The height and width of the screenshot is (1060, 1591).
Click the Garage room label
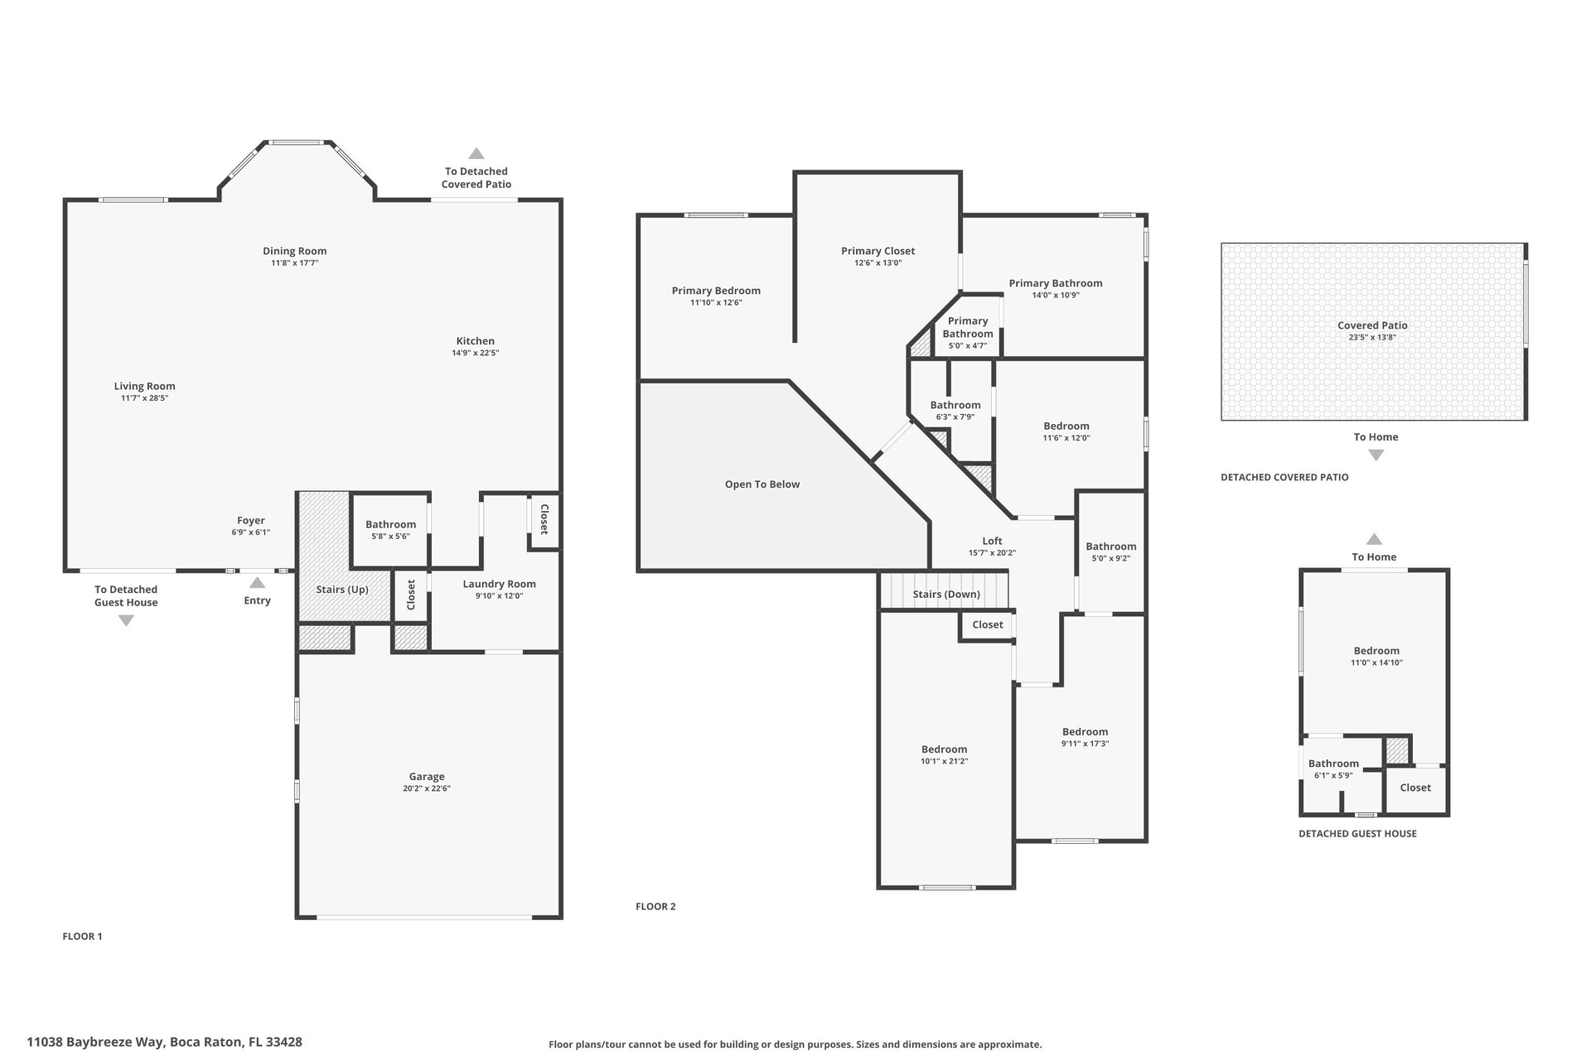[427, 777]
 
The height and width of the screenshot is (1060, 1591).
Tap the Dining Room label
[295, 251]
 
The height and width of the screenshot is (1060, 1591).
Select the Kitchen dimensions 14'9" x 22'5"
[476, 353]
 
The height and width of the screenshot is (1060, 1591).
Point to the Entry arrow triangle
[258, 582]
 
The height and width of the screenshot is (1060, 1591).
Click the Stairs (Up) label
[342, 590]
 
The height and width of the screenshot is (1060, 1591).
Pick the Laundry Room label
[500, 584]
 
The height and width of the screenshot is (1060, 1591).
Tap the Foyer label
[251, 521]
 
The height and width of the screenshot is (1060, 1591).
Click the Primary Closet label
[878, 251]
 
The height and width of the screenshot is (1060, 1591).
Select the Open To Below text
[762, 484]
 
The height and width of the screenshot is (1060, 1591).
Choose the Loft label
[993, 541]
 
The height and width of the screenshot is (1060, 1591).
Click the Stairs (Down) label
[946, 595]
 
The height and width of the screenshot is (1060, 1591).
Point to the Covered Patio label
[1373, 325]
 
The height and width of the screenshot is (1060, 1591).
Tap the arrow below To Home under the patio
[1376, 455]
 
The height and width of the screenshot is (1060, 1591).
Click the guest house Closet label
[1415, 788]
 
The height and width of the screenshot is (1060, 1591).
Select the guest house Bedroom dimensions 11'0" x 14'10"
[1377, 662]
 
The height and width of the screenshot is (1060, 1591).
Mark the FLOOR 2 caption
[655, 907]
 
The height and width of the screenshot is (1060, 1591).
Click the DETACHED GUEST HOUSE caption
[1358, 834]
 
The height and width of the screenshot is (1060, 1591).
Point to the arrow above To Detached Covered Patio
[476, 153]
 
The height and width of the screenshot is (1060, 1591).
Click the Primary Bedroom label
[716, 291]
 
